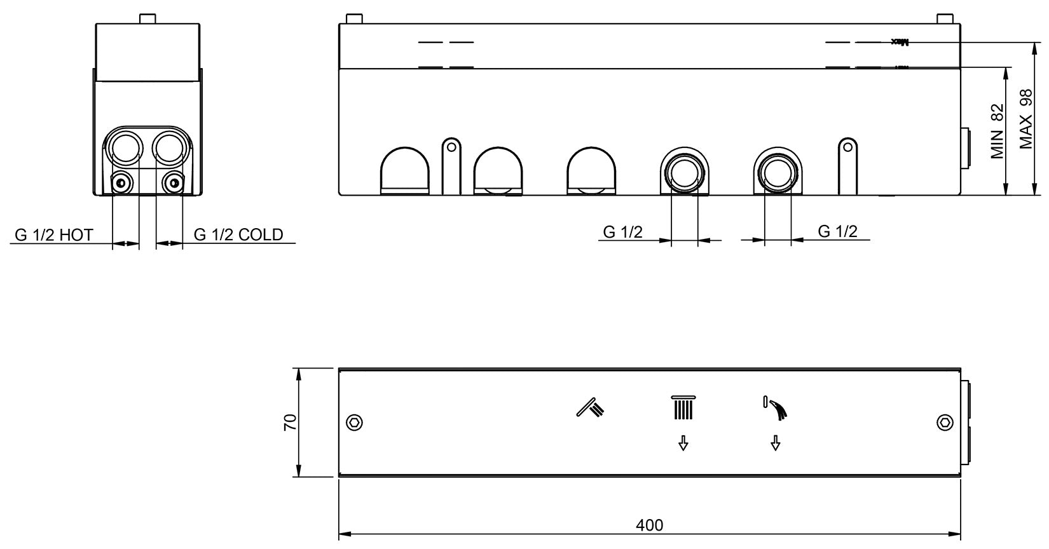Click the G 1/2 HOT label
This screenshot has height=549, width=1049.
[54, 235]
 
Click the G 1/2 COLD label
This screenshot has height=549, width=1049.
[238, 235]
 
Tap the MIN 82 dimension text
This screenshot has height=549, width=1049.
[997, 131]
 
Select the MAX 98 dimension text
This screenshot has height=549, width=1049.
[1026, 119]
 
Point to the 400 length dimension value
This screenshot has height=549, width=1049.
[649, 525]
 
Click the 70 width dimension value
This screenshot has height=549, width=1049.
[289, 423]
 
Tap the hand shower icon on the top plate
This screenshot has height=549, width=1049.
[591, 407]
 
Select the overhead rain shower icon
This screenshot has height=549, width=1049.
[683, 407]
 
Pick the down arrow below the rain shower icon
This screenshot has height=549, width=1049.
[683, 443]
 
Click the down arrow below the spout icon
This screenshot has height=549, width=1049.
[775, 443]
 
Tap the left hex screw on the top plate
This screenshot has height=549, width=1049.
[354, 423]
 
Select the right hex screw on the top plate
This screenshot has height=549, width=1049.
[945, 423]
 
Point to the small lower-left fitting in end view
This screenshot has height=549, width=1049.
[121, 183]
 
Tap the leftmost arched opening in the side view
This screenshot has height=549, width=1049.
[405, 170]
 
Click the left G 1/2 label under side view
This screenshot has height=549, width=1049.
[622, 232]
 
